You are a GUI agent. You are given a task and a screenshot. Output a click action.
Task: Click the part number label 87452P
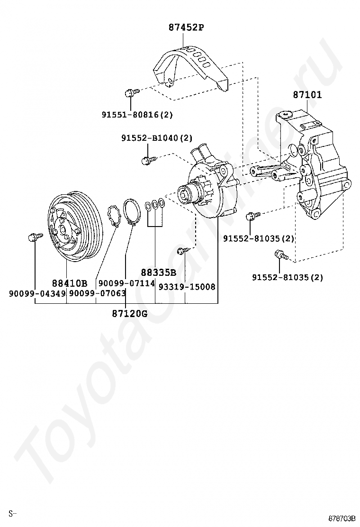(x=186, y=27)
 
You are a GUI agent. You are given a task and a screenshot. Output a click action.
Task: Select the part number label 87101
(x=307, y=95)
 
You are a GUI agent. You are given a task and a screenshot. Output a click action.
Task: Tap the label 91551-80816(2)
(x=137, y=114)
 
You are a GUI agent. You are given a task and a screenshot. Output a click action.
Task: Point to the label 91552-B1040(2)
(x=157, y=138)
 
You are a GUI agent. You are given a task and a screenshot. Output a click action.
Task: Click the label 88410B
(x=70, y=283)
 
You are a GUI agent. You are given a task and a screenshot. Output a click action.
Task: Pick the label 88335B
(x=158, y=273)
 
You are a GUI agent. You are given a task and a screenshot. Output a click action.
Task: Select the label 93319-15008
(x=187, y=287)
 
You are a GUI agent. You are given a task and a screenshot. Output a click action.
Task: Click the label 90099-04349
(x=37, y=294)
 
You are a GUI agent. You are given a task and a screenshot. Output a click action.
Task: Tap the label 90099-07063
(x=98, y=294)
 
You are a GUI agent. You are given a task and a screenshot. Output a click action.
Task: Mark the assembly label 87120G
(x=130, y=313)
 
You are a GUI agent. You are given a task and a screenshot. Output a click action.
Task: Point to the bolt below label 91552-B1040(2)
(x=146, y=160)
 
